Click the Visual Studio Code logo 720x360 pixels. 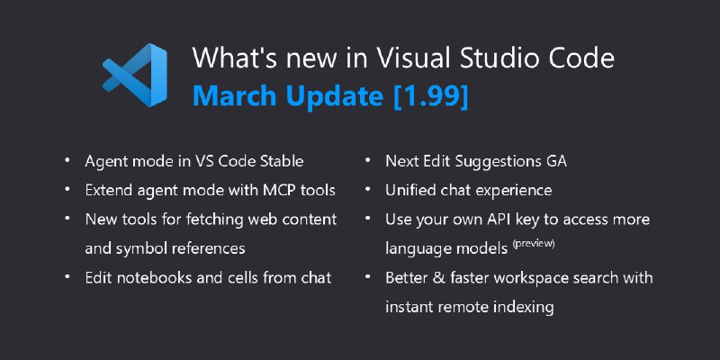pyautogui.click(x=134, y=75)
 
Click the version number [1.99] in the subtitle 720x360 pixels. pyautogui.click(x=431, y=96)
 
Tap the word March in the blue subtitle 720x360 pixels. pyautogui.click(x=235, y=95)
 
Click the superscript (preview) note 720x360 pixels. pyautogui.click(x=534, y=243)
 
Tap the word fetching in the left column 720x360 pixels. pyautogui.click(x=214, y=220)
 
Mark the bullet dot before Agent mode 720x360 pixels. pyautogui.click(x=67, y=160)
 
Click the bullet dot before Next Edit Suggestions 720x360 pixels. pyautogui.click(x=368, y=160)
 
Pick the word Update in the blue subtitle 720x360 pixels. pyautogui.click(x=335, y=96)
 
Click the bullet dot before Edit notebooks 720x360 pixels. pyautogui.click(x=67, y=276)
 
